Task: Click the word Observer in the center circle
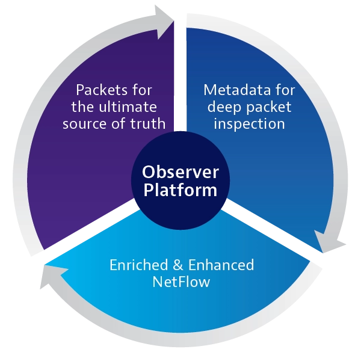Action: coord(180,171)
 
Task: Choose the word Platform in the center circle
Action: coord(180,191)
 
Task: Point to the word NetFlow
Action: coord(180,282)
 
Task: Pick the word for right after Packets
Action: coord(140,90)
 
